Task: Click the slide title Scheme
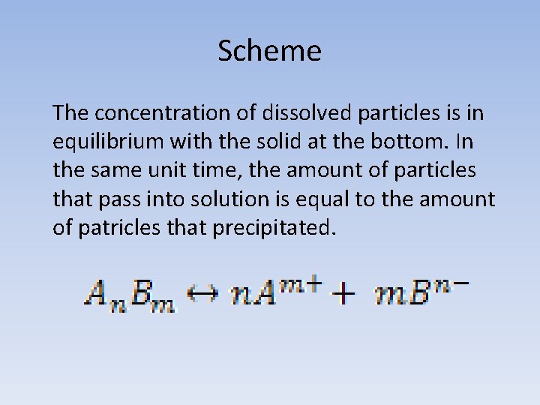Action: (x=269, y=51)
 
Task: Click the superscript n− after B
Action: (x=451, y=282)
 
